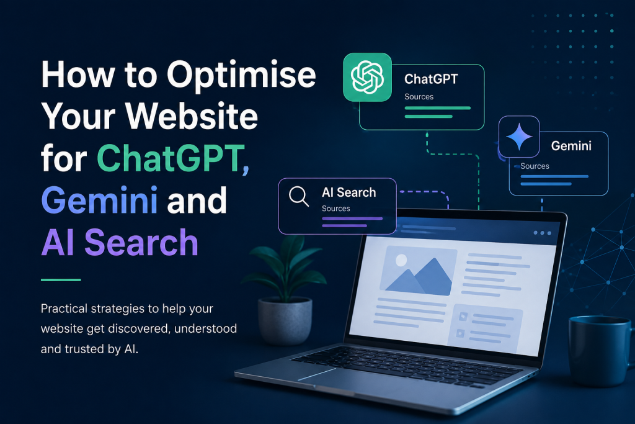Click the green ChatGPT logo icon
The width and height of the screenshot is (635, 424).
367,77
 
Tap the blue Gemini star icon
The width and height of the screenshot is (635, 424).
519,137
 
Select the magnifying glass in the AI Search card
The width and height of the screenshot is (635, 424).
299,196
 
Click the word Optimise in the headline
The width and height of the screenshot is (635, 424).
241,75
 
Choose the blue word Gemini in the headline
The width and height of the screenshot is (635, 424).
99,200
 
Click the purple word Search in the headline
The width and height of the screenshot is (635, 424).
141,242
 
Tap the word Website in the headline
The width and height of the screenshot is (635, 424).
191,116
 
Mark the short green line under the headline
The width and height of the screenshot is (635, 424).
61,280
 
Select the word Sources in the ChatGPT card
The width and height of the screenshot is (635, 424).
419,96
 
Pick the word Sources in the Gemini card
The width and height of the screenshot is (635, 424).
535,166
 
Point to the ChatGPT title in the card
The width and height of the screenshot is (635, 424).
431,79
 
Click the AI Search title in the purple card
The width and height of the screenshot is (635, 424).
349,192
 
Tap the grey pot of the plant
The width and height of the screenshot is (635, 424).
285,320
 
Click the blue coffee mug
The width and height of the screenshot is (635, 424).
600,350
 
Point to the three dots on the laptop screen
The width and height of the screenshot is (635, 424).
542,233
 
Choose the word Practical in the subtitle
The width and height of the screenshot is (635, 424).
64,309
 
